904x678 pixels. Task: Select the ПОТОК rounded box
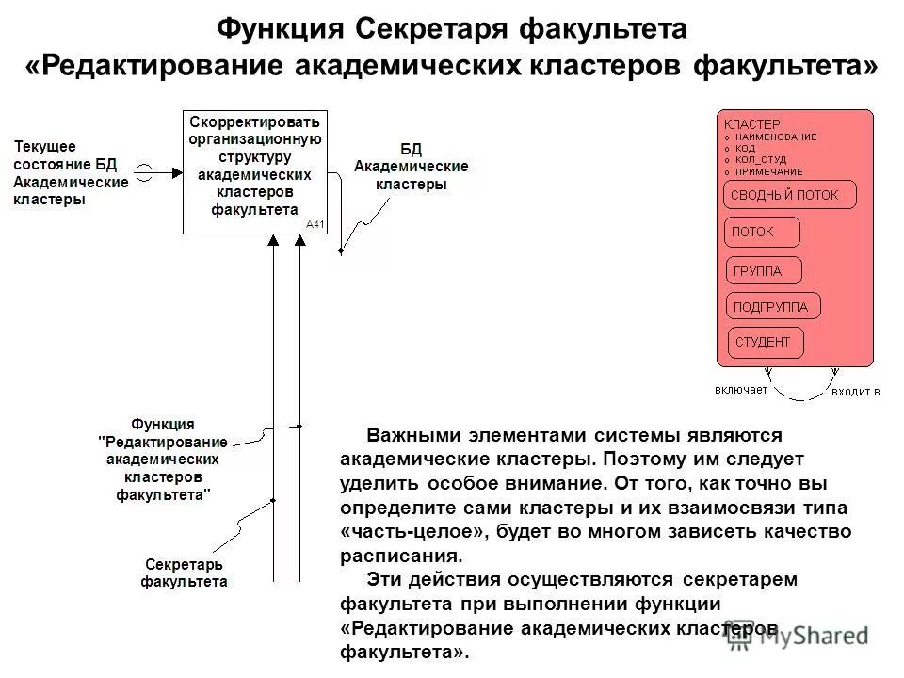(762, 232)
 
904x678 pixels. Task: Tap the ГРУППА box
(764, 271)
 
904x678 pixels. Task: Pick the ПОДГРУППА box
(772, 306)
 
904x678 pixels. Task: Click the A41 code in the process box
(315, 224)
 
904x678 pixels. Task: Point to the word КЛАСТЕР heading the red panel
(751, 124)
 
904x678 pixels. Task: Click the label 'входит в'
(854, 391)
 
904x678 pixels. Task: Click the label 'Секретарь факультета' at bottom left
(184, 573)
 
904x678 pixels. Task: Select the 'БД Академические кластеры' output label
(411, 167)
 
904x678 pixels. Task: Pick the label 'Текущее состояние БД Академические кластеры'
(70, 172)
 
